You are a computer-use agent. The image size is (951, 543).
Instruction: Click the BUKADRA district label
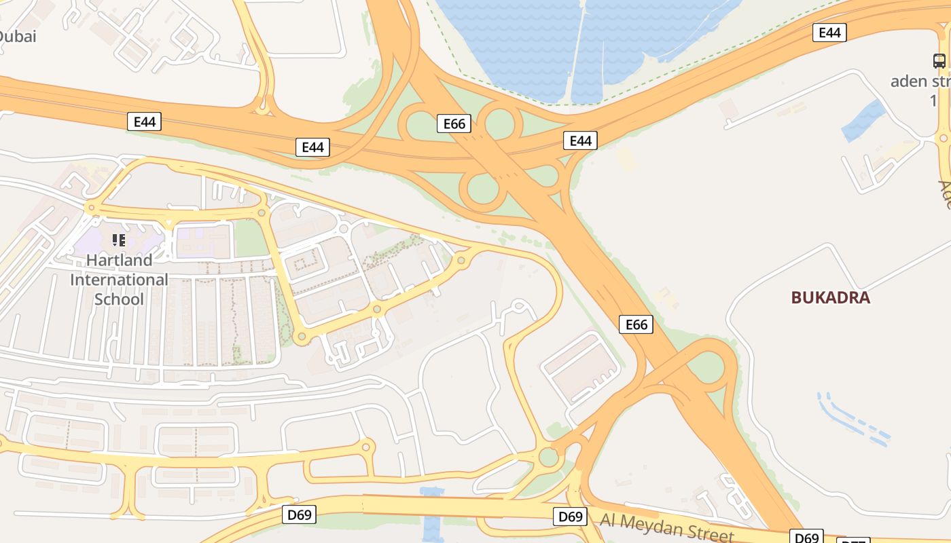coord(830,297)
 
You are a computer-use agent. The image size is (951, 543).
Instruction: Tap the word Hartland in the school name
coord(119,260)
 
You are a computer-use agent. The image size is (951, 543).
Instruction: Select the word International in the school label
coord(119,280)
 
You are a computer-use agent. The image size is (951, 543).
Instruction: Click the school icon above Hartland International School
coord(119,240)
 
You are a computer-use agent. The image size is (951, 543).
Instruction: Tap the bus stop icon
coord(939,61)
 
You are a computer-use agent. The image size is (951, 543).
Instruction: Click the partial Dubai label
coord(17,37)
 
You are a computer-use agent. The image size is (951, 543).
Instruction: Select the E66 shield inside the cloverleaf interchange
coord(454,124)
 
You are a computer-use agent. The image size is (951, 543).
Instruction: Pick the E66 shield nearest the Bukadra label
coord(636,325)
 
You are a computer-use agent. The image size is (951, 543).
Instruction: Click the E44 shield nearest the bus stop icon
coord(829,33)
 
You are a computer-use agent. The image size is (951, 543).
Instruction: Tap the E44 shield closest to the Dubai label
coord(144,122)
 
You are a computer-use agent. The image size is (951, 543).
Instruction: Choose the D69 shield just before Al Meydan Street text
coord(570,517)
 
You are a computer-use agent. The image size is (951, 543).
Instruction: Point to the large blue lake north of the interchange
coord(577,41)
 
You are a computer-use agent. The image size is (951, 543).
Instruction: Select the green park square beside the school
coord(250,239)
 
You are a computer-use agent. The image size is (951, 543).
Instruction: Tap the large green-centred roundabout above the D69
coord(548,457)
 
